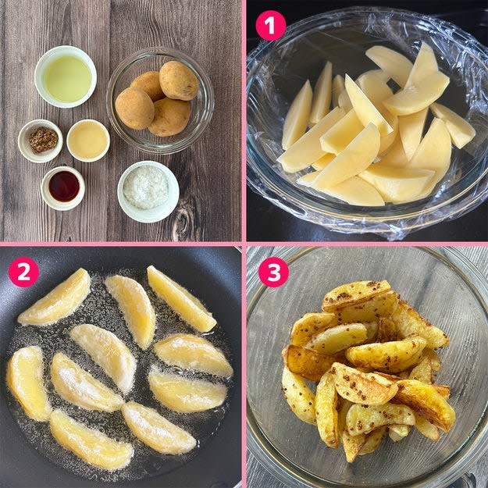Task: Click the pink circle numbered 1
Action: [270, 26]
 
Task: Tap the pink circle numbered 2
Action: [23, 272]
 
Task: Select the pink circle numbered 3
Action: [273, 272]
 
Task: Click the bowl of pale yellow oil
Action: [66, 77]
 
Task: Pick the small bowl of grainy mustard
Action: [41, 141]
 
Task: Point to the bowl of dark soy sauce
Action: [63, 188]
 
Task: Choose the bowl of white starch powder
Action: [148, 192]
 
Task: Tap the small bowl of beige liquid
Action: [88, 141]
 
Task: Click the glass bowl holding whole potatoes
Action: [160, 101]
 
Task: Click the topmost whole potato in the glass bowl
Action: [179, 80]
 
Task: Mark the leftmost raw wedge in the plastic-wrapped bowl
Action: [297, 115]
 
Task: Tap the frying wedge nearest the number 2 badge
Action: [55, 297]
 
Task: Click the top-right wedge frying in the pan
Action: [181, 299]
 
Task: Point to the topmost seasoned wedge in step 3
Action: [357, 295]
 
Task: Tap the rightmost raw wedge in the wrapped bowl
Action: [453, 125]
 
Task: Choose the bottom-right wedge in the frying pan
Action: [159, 428]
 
